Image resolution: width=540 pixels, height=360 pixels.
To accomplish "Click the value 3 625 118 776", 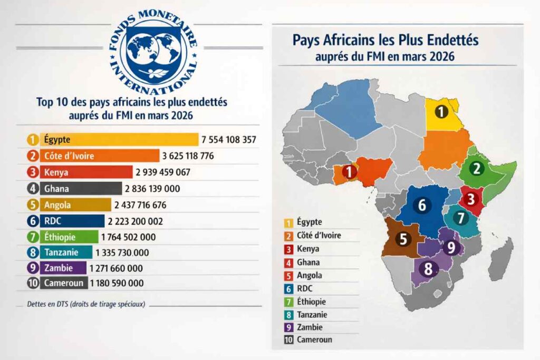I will click(x=189, y=156).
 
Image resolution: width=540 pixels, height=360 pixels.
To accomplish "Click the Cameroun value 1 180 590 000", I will click(x=117, y=283).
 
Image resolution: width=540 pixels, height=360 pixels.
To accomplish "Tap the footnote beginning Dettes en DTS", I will click(x=86, y=304).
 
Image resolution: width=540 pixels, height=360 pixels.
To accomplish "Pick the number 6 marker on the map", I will click(x=421, y=205).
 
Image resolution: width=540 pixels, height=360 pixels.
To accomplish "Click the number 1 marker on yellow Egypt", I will click(x=441, y=111).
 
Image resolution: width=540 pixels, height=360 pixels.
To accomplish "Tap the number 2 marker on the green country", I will click(x=477, y=169).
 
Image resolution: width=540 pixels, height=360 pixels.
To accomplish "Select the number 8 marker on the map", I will click(x=428, y=269).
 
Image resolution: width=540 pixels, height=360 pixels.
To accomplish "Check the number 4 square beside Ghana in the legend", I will click(x=288, y=262).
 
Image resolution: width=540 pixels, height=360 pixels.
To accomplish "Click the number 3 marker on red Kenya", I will click(x=471, y=199).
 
